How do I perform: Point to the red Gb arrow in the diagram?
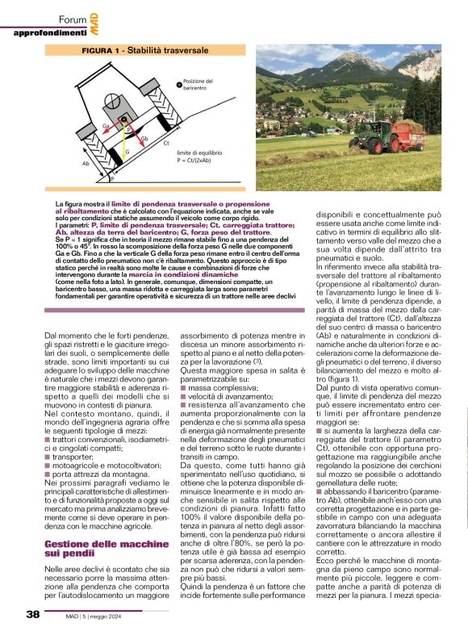pos(133,132)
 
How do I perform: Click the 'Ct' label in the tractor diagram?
pos(165,143)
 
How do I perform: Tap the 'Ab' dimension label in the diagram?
pos(86,163)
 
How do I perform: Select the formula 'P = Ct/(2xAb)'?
pos(196,159)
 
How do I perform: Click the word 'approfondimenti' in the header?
pos(49,32)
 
